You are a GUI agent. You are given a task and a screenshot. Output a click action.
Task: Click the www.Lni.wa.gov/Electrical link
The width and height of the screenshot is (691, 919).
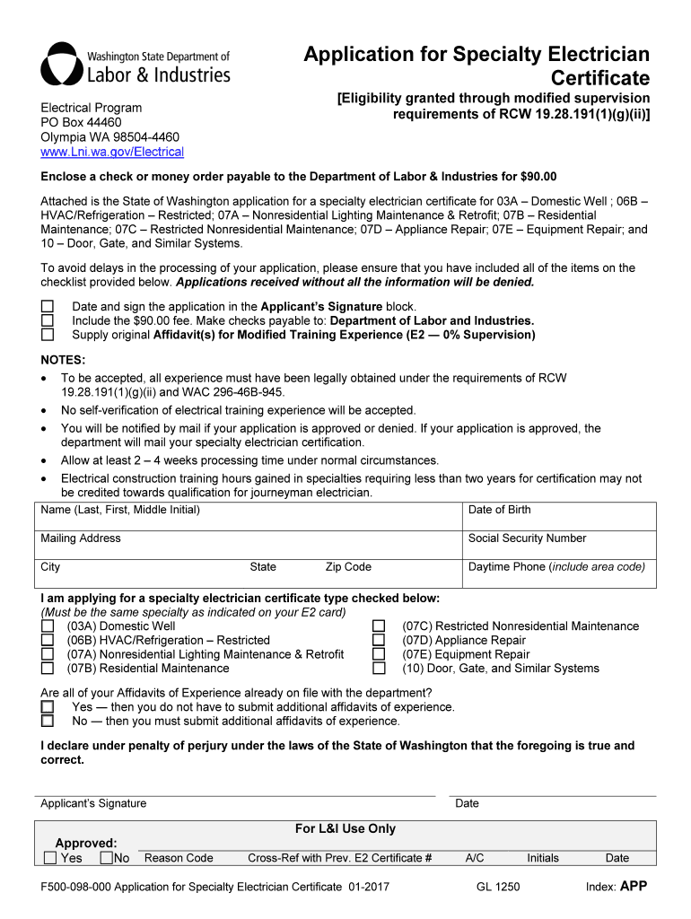coord(112,152)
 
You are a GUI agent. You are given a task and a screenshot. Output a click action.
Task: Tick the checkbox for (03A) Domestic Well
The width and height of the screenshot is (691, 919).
coord(48,626)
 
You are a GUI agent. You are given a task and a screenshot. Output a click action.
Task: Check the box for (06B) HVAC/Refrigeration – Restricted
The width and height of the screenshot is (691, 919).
coord(48,641)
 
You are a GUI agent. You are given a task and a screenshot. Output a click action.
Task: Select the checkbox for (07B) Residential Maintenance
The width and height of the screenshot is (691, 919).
coord(48,669)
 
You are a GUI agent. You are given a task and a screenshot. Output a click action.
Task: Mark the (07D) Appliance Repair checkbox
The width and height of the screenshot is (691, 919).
coord(379,641)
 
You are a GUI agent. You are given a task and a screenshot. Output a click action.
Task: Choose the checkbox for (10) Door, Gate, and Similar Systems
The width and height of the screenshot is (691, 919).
coord(379,669)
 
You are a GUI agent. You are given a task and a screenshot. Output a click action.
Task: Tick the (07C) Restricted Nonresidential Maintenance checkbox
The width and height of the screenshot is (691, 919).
coord(379,626)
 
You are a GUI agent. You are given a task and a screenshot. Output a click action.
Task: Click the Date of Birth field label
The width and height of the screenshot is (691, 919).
coord(499,510)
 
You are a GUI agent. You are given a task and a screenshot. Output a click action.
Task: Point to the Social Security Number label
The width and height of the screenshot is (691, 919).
coord(527,538)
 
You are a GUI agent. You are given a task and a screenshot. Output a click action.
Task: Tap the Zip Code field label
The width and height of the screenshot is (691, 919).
coord(348,567)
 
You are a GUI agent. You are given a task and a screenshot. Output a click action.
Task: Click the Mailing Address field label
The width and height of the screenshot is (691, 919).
coord(80,538)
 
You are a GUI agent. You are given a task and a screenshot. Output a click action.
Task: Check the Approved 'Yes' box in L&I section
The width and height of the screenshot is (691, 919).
coord(50,858)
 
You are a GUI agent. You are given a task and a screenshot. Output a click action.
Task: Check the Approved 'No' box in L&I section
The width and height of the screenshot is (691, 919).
coord(107,858)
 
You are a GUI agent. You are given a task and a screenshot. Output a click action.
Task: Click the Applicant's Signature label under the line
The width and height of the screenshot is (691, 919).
coord(93,803)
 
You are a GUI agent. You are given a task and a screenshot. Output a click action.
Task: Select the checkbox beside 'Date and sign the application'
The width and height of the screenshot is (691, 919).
coord(48,307)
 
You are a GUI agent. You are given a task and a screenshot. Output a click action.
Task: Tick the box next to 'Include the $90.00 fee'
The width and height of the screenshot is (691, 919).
coord(48,321)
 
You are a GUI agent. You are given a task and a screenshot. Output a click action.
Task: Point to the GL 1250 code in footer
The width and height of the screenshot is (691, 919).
coord(498,887)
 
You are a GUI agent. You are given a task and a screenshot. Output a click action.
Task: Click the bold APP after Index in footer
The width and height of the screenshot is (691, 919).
coord(634,886)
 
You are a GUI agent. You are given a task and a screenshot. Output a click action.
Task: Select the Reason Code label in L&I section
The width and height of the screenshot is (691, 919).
coord(179,858)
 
